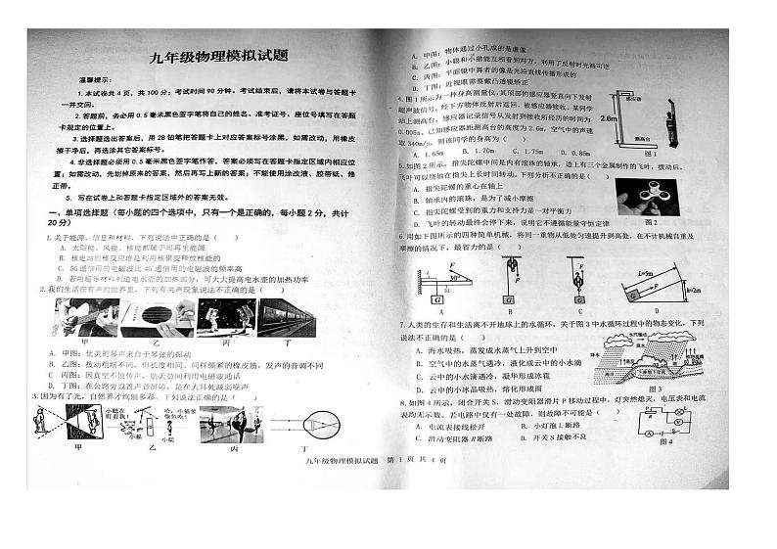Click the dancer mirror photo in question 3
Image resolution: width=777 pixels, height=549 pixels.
click(230, 425)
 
